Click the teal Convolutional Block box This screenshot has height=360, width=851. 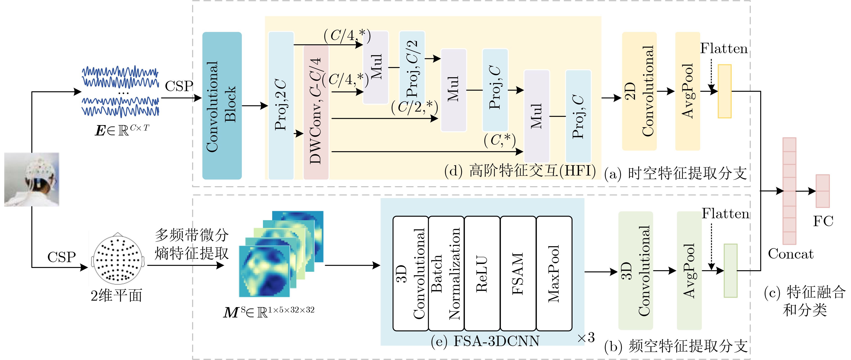222,106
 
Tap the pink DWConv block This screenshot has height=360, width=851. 316,112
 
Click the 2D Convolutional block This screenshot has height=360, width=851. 639,91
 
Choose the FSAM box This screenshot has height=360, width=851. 518,273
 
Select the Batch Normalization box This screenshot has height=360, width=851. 446,273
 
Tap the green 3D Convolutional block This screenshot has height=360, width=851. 635,271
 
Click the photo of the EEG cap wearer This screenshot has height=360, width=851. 32,179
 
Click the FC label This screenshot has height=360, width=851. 823,221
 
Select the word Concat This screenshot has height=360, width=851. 790,254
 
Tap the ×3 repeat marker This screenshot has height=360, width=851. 586,337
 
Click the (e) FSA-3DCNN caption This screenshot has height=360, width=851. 485,341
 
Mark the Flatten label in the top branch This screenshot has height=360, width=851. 724,49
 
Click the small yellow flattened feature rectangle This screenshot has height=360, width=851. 724,91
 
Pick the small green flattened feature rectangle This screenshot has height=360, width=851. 730,271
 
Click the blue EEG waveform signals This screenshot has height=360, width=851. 120,92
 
